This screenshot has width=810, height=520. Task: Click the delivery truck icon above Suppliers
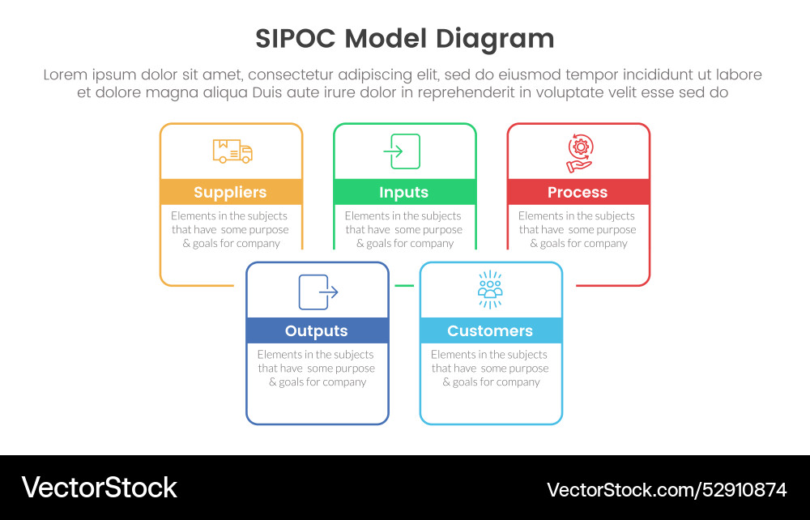tap(232, 151)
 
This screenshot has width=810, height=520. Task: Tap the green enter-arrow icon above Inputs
tap(404, 151)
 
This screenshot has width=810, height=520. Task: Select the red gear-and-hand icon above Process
tap(579, 153)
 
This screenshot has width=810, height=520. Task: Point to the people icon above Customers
tap(490, 289)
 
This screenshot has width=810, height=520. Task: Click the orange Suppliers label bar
tap(231, 192)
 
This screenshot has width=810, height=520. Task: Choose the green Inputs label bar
tap(404, 192)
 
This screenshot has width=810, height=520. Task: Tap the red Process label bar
tap(578, 192)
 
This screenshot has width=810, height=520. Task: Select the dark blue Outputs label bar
tap(317, 330)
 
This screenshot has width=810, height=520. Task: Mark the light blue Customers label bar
tap(490, 330)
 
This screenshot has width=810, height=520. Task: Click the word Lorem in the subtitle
tap(66, 75)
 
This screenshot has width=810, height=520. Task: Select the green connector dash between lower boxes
tap(403, 286)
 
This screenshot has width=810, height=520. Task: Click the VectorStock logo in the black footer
tap(99, 488)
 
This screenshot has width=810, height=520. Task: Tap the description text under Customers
tap(490, 368)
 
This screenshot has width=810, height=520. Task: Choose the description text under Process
tap(578, 229)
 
